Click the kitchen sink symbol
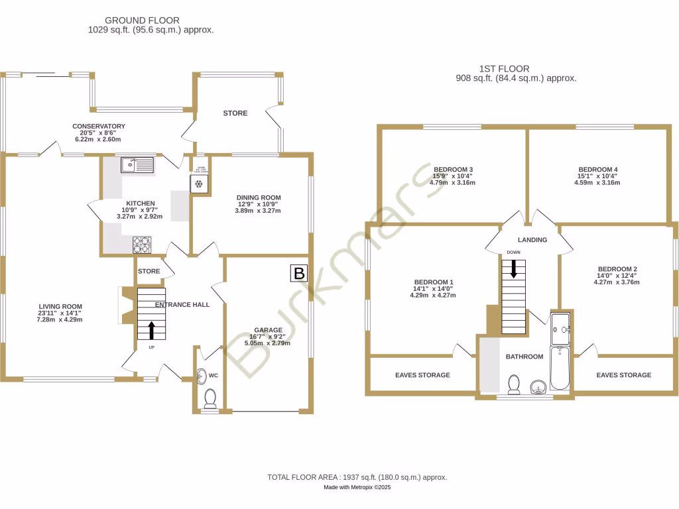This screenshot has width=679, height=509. coord(137,165)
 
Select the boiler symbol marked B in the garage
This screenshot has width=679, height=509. coord(299,273)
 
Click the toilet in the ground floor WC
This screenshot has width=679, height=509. coord(211,398)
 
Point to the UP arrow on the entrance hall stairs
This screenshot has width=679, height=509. coord(151,329)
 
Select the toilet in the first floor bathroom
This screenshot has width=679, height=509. coord(514,384)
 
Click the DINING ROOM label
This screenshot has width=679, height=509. coord(259,198)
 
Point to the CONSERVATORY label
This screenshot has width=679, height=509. coord(99,126)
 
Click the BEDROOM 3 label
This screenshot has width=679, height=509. coord(454,169)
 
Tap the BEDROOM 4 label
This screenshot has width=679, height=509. coord(597,169)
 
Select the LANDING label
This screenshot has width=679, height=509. coord(532,240)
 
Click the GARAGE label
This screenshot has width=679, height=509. coord(268,330)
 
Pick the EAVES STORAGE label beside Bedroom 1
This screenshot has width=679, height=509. coord(422,375)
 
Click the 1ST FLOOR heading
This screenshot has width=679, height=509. coord(504,68)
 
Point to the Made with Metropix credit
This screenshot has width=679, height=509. coord(357,487)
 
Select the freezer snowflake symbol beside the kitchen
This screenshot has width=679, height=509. coord(199,184)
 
